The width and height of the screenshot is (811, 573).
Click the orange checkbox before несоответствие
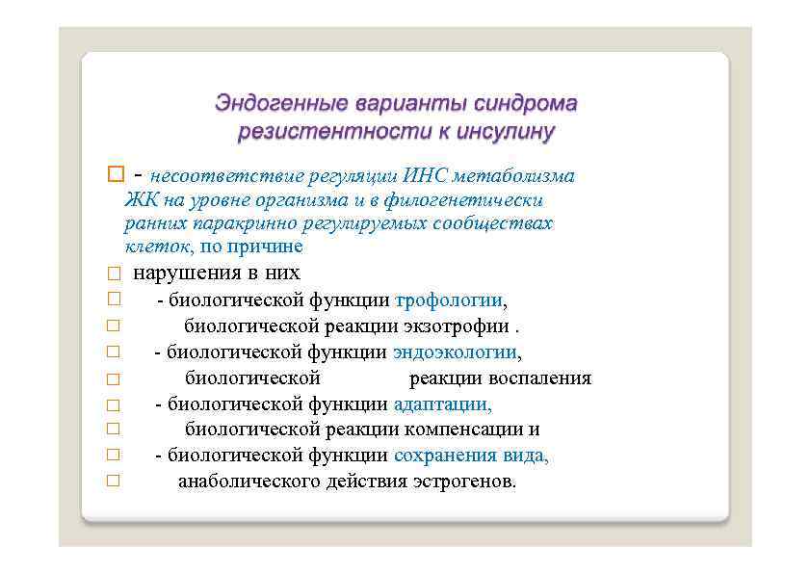[116, 176]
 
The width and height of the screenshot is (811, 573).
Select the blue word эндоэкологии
[457, 352]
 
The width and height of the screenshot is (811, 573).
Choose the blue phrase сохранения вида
[470, 455]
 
